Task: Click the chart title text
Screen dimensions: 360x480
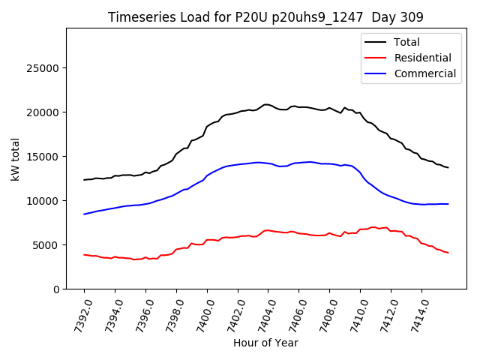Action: pyautogui.click(x=265, y=17)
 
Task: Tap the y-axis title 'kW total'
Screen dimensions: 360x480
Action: pyautogui.click(x=16, y=158)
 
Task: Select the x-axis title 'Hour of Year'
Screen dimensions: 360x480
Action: pyautogui.click(x=265, y=343)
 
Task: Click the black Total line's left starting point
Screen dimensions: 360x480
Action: pyautogui.click(x=84, y=180)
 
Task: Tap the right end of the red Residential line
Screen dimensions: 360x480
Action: pyautogui.click(x=448, y=253)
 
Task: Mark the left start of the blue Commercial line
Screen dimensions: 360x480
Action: pyautogui.click(x=84, y=214)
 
